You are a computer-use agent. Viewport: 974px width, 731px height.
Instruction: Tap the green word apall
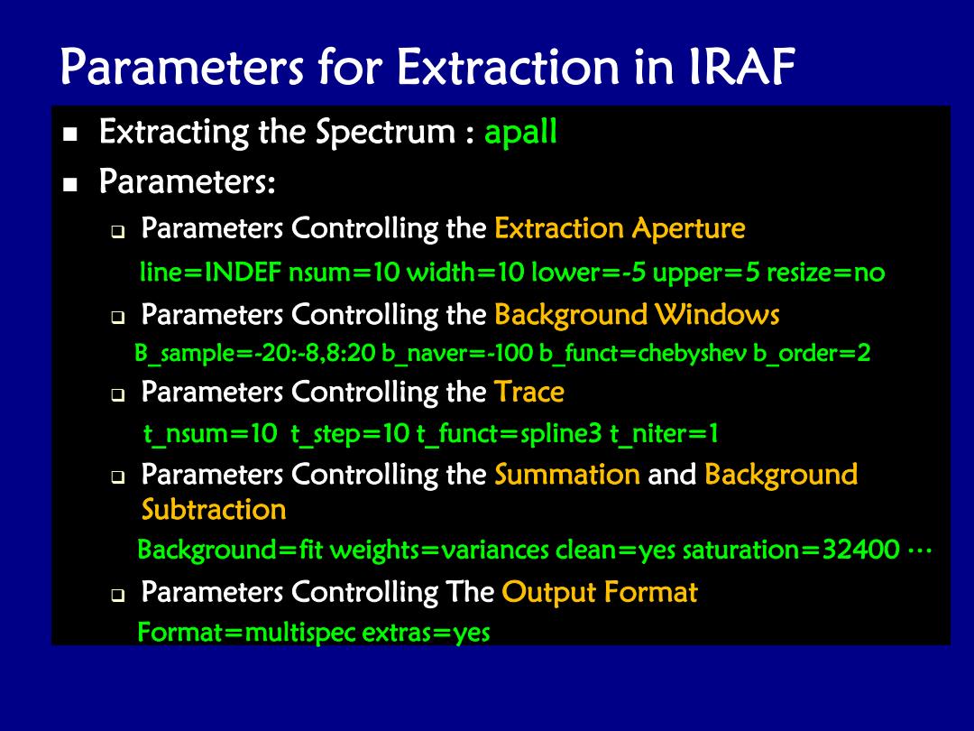[x=520, y=132]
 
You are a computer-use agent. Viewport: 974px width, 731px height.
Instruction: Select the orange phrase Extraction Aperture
[x=620, y=228]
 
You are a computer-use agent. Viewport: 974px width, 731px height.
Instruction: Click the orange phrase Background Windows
[x=637, y=315]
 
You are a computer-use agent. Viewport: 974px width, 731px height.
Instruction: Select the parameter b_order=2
[x=812, y=353]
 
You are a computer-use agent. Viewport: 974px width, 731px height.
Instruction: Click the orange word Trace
[x=529, y=392]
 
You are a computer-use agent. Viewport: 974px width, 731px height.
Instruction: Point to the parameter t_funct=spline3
[x=510, y=433]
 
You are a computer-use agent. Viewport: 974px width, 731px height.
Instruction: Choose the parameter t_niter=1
[x=664, y=433]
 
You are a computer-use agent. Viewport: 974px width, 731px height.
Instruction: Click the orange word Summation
[x=567, y=475]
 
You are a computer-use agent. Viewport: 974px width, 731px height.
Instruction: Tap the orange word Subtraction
[x=214, y=510]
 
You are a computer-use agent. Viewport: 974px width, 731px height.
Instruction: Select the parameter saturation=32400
[x=791, y=550]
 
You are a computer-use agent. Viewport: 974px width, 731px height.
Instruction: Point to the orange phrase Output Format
[x=600, y=592]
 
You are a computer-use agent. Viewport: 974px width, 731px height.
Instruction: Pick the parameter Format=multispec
[x=246, y=633]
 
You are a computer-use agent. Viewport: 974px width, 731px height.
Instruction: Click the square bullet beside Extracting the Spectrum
[x=70, y=134]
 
